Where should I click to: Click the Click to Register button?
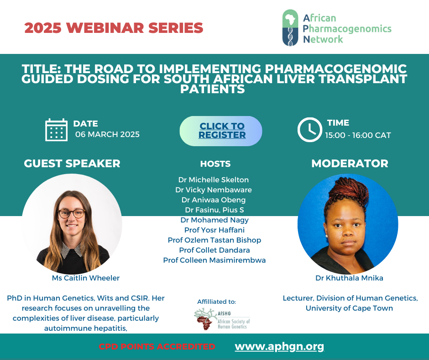[221, 131]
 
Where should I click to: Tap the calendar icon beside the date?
[56, 130]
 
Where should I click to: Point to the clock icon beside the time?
[310, 130]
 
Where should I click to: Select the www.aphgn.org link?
[279, 347]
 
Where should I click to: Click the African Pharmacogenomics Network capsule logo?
[290, 28]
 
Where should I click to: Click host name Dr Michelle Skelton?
[214, 180]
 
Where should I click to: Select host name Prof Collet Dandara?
[214, 250]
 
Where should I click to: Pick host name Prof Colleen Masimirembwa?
[214, 260]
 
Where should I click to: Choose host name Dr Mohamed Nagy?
[214, 220]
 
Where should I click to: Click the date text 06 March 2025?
[107, 134]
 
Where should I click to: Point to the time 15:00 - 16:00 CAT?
[358, 135]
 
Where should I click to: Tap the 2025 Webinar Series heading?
[114, 28]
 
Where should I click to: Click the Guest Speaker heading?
[72, 164]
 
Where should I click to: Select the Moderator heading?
[350, 164]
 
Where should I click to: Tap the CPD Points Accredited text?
[157, 347]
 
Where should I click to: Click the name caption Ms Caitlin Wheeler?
[86, 278]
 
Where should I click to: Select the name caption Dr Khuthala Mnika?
[349, 278]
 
